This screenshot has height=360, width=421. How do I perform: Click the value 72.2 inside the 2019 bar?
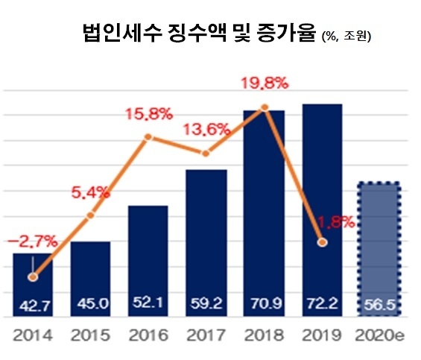click(x=323, y=303)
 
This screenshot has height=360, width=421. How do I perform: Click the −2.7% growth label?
click(x=32, y=241)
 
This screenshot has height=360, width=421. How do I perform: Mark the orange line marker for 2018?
click(x=264, y=108)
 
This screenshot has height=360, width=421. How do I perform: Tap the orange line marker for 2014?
click(x=32, y=277)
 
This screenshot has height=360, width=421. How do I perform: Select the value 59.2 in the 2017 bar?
click(x=206, y=303)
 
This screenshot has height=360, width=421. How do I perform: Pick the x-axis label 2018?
click(x=265, y=336)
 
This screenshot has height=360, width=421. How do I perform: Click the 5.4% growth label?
click(x=91, y=192)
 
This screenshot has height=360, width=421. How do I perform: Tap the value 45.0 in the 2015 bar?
click(x=90, y=303)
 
